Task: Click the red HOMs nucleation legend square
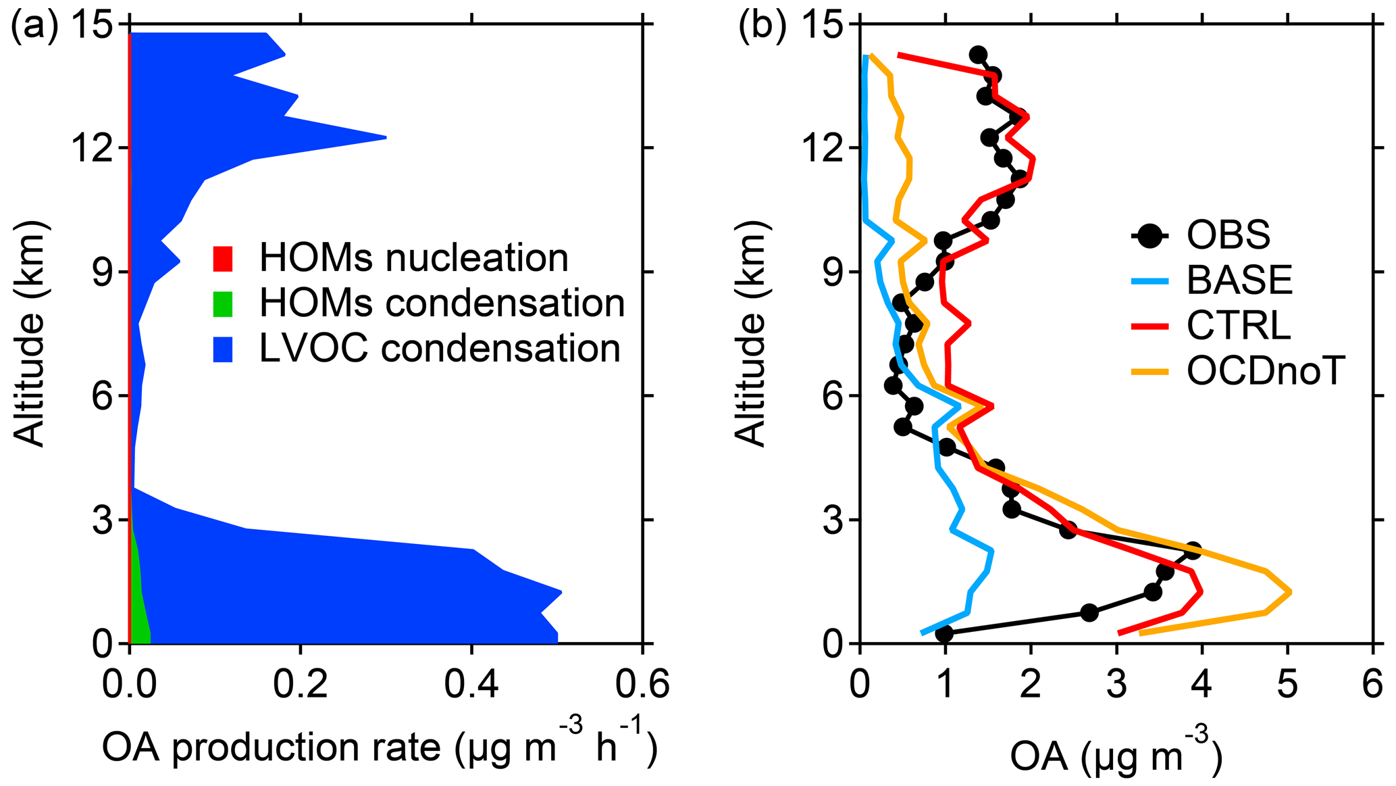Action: [x=223, y=258]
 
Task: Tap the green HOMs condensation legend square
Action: [x=223, y=303]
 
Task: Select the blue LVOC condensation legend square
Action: [x=223, y=349]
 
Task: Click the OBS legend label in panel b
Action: [x=1229, y=235]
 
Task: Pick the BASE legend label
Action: [x=1239, y=280]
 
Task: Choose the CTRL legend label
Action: [x=1239, y=325]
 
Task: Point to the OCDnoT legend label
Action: [x=1266, y=370]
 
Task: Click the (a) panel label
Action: [x=34, y=28]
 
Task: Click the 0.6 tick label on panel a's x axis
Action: [x=642, y=685]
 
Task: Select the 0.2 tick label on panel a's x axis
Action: [x=300, y=685]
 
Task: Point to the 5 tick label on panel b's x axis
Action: [x=1287, y=685]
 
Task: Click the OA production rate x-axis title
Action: [x=380, y=747]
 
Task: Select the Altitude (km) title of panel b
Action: [x=751, y=333]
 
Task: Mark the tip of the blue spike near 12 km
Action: [x=386, y=137]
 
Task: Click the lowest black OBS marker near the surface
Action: [x=944, y=633]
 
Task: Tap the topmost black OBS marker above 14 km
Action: [x=977, y=55]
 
